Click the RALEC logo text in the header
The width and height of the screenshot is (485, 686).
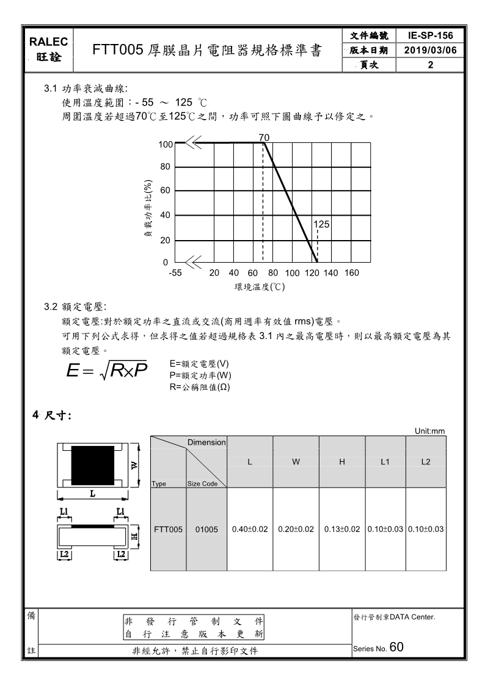click(x=50, y=42)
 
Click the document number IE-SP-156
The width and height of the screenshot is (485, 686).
click(x=431, y=35)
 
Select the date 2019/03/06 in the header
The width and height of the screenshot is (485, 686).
click(x=431, y=51)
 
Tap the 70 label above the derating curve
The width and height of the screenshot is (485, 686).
click(x=264, y=137)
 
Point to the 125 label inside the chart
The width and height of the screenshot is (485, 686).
click(x=321, y=225)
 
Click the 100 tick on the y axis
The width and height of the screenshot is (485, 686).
click(x=166, y=145)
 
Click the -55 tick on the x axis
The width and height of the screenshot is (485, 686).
click(x=175, y=273)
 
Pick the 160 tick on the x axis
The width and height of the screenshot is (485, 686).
click(x=351, y=273)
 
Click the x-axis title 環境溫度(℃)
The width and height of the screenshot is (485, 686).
click(x=260, y=286)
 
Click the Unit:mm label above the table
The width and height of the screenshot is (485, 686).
click(x=430, y=431)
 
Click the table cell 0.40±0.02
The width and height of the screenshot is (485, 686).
click(x=250, y=529)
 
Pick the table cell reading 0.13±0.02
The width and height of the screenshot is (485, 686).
click(x=342, y=529)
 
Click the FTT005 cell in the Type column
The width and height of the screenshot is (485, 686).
click(x=168, y=529)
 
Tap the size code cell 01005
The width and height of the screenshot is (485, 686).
click(x=206, y=529)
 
